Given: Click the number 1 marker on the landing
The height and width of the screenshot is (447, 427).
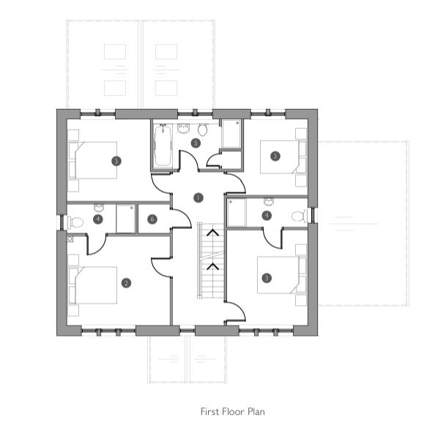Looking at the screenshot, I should point(198,198).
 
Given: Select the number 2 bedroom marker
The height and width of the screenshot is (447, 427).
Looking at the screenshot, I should point(126,282).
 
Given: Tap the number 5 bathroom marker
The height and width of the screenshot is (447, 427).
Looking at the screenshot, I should point(196,143).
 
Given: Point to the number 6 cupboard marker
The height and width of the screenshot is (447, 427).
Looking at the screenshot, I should point(152,219).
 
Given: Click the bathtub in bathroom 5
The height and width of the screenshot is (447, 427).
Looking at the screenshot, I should point(163,146).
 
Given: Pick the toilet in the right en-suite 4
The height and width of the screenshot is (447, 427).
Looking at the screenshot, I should point(298,216).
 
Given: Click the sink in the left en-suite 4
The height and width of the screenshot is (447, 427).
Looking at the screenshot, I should point(97,208).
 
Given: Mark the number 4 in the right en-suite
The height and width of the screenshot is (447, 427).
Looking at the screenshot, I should point(267,215).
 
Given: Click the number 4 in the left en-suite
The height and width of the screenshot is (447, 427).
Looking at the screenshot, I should point(98,219).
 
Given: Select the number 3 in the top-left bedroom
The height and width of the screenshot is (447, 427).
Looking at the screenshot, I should point(116,160).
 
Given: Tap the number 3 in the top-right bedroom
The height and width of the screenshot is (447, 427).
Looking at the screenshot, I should point(275,156).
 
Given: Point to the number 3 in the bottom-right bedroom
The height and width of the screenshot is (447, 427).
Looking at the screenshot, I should point(267,277).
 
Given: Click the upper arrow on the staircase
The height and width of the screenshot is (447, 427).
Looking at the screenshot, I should point(213,233).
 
